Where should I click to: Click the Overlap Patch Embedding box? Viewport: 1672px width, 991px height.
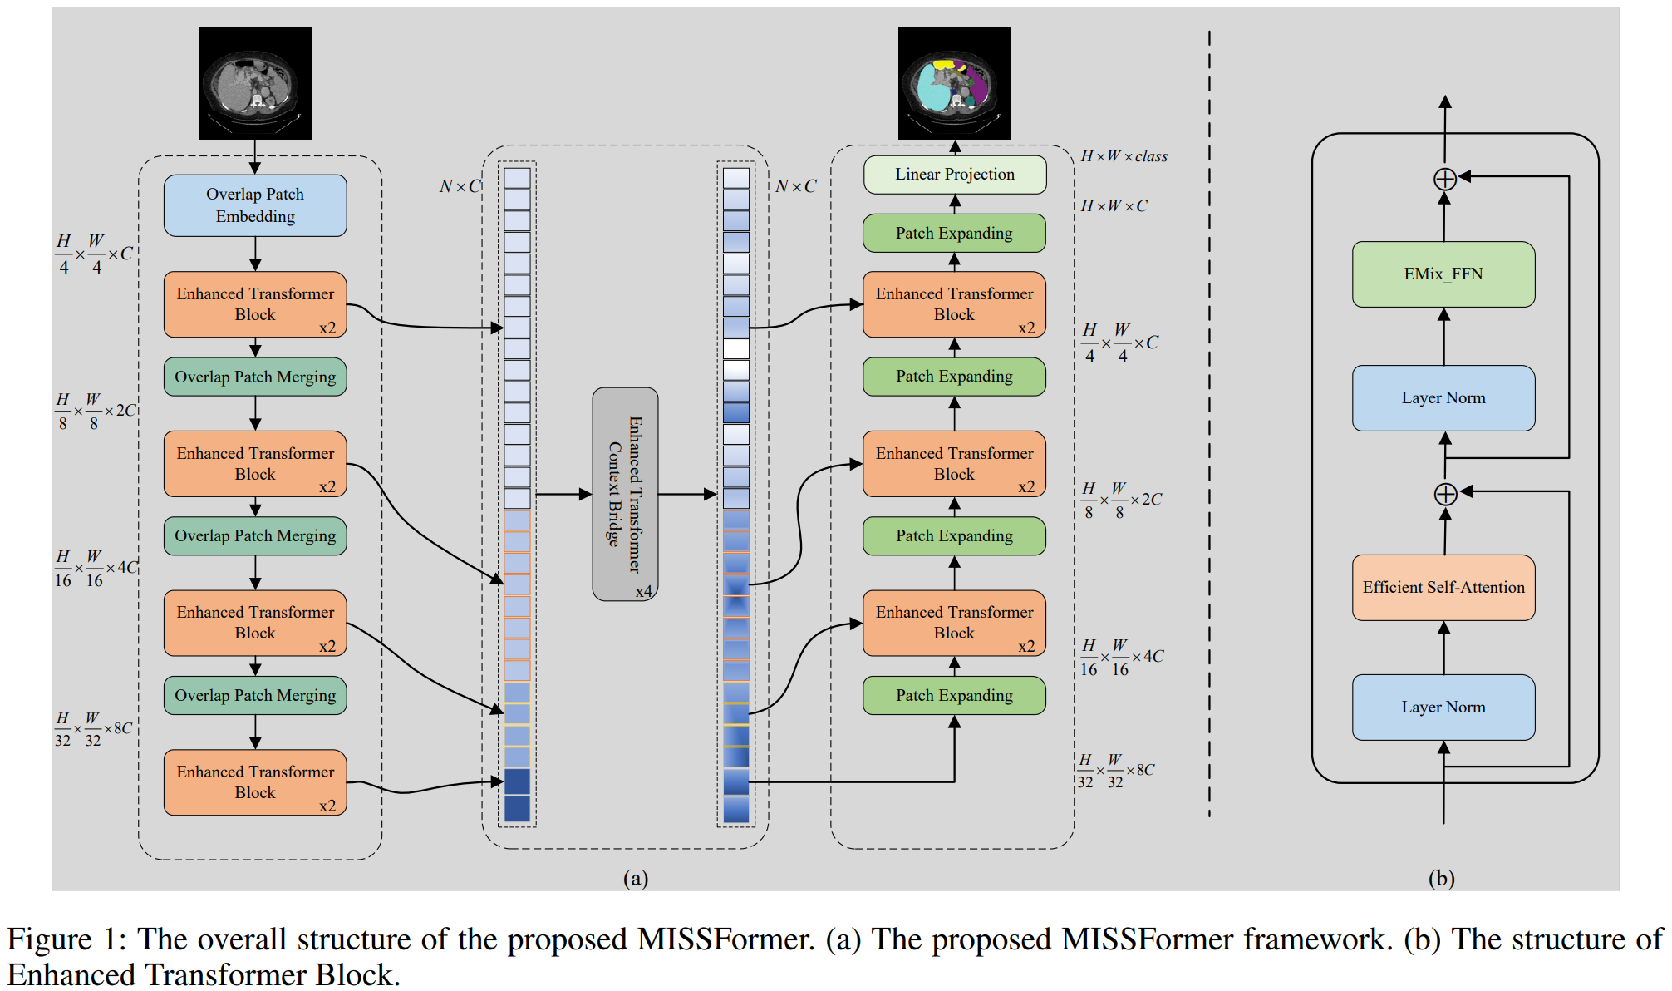pyautogui.click(x=255, y=205)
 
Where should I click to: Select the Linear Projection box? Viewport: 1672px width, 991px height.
pyautogui.click(x=955, y=175)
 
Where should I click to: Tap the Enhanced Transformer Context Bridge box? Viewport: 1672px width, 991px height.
pyautogui.click(x=625, y=494)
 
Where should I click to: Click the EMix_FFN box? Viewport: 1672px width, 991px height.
pyautogui.click(x=1443, y=274)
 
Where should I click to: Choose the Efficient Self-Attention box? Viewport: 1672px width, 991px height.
pyautogui.click(x=1443, y=588)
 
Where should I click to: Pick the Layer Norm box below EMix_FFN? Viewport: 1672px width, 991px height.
pyautogui.click(x=1443, y=398)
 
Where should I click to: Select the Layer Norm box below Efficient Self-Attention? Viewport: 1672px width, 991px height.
pyautogui.click(x=1443, y=708)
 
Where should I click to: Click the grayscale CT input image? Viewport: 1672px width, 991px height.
pyautogui.click(x=255, y=83)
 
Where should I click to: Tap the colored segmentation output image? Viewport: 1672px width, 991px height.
pyautogui.click(x=955, y=83)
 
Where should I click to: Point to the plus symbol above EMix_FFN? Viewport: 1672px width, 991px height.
pyautogui.click(x=1445, y=179)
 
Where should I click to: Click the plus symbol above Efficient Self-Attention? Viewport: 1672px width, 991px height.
pyautogui.click(x=1445, y=494)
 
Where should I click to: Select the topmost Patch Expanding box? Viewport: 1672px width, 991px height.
pyautogui.click(x=955, y=234)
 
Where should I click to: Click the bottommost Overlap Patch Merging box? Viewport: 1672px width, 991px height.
pyautogui.click(x=255, y=696)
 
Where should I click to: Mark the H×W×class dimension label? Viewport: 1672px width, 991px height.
pyautogui.click(x=1124, y=156)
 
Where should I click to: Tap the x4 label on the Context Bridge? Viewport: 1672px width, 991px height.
pyautogui.click(x=644, y=591)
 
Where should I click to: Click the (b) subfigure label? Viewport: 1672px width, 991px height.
pyautogui.click(x=1442, y=879)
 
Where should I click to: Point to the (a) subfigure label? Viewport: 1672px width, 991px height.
pyautogui.click(x=636, y=879)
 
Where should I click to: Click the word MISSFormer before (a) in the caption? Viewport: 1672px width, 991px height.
pyautogui.click(x=725, y=939)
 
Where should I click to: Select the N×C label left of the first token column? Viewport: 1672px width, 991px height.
pyautogui.click(x=460, y=186)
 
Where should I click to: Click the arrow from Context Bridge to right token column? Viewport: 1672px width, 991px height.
pyautogui.click(x=687, y=494)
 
